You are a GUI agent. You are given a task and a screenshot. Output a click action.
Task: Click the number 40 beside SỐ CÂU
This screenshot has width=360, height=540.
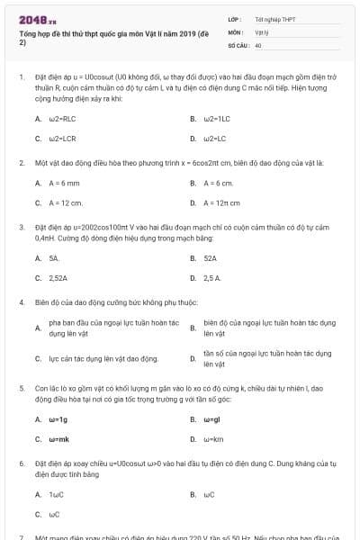[x=258, y=44]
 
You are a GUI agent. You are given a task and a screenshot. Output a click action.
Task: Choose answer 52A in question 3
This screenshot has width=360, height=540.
[x=210, y=257]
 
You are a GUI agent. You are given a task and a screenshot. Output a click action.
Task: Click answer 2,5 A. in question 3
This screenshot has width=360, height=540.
[x=212, y=278]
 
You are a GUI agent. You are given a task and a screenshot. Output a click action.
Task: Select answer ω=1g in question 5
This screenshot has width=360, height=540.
[x=58, y=418]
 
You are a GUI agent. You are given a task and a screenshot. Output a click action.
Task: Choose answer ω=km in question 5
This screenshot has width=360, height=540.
[x=213, y=439]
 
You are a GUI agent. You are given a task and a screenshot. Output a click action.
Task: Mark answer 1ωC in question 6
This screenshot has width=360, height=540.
[x=57, y=494]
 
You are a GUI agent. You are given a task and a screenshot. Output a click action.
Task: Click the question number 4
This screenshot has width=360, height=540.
[x=21, y=301]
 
